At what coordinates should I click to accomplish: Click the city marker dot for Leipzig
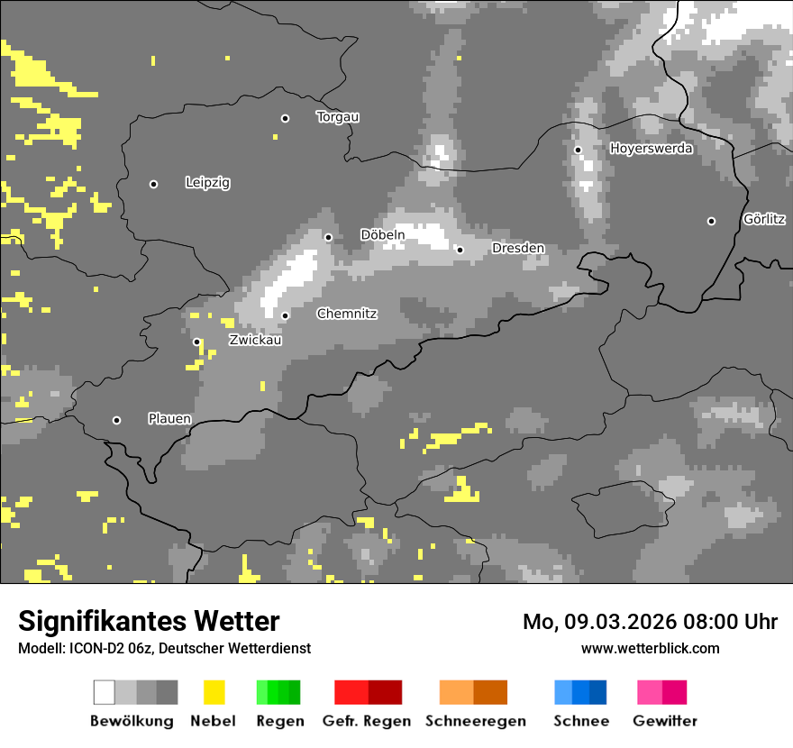pos(153,184)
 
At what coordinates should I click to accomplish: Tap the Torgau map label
pos(338,117)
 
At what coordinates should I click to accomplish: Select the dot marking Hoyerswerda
pos(578,150)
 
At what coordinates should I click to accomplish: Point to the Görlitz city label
pos(764,219)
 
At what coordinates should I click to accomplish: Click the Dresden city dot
pos(460,250)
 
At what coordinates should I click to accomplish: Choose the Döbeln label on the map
pos(383,235)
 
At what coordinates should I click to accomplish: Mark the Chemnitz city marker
pos(285,315)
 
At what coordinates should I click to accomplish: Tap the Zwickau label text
pos(255,341)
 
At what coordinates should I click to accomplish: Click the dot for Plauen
pos(116,420)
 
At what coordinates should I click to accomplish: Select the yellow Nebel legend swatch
pos(214,692)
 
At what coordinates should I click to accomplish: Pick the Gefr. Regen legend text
pos(367,721)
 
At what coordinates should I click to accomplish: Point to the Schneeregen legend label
pos(475,721)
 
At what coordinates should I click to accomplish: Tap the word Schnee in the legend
pos(580,721)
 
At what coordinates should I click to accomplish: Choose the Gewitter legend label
pos(665,721)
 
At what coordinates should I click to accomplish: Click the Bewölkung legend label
pos(132,721)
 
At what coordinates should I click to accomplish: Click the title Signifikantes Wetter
pos(149,621)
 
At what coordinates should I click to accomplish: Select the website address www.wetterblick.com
pos(651,648)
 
